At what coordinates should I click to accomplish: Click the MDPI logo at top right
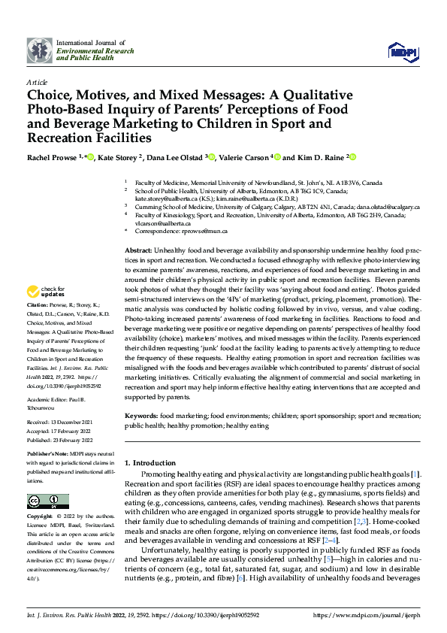(400, 50)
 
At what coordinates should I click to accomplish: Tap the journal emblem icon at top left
(39, 50)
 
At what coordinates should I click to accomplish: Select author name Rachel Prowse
(53, 157)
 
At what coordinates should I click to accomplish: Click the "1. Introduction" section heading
(150, 463)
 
